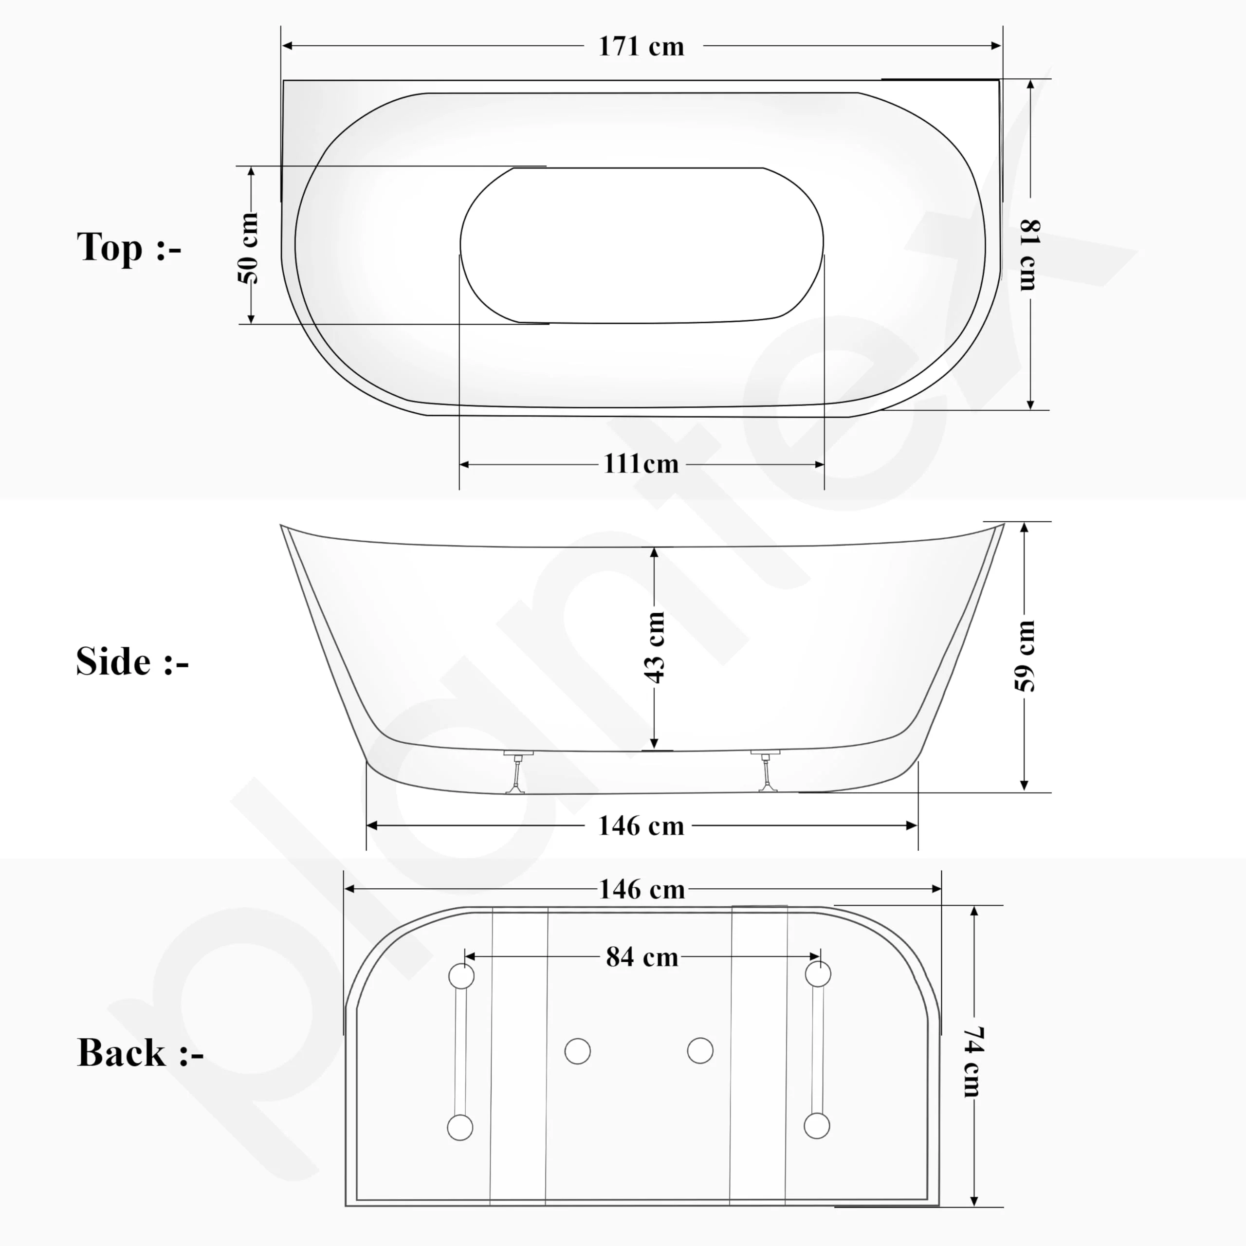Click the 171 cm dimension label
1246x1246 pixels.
(641, 46)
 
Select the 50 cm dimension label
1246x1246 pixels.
(249, 248)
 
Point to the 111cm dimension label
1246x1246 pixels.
(641, 464)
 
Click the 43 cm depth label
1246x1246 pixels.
(655, 647)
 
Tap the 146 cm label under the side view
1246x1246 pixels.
(641, 826)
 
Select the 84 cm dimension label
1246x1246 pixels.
(642, 957)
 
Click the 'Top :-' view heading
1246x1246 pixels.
(129, 248)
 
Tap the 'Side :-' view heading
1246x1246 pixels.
(132, 662)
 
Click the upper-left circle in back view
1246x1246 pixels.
(461, 976)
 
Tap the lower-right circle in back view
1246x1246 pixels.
(817, 1126)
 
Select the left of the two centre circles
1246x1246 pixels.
(577, 1051)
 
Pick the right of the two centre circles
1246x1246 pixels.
(700, 1051)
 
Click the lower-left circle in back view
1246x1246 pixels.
(460, 1127)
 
